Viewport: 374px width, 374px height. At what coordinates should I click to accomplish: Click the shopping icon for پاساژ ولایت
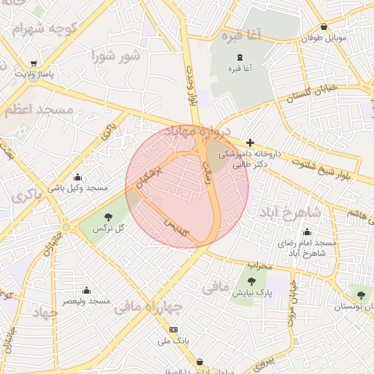click(x=34, y=63)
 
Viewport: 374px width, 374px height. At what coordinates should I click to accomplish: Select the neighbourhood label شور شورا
click(x=115, y=55)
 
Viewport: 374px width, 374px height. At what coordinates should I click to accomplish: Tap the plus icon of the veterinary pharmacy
click(x=250, y=142)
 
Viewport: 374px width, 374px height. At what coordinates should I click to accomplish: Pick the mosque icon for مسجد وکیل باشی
click(x=78, y=177)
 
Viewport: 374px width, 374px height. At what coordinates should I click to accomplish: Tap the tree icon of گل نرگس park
click(x=108, y=216)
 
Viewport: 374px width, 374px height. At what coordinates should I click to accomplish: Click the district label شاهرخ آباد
click(x=294, y=211)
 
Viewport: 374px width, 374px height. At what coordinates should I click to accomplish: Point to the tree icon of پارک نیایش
click(x=252, y=281)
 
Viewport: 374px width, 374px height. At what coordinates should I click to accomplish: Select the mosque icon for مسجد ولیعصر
click(x=86, y=290)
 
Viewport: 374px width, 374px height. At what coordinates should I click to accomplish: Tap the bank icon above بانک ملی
click(x=173, y=329)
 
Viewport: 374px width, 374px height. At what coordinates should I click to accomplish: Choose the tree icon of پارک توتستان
click(x=360, y=294)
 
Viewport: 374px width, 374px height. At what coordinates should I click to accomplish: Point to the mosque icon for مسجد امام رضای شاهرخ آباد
click(x=307, y=232)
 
